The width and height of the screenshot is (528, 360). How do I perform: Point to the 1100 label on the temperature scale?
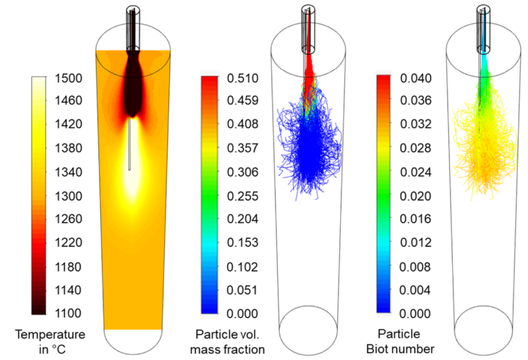coord(67,313)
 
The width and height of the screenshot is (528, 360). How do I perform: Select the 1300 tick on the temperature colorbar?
coord(67,196)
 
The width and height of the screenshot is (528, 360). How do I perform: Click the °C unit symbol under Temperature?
coord(57,349)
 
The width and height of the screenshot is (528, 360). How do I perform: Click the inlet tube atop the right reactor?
coord(483,27)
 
